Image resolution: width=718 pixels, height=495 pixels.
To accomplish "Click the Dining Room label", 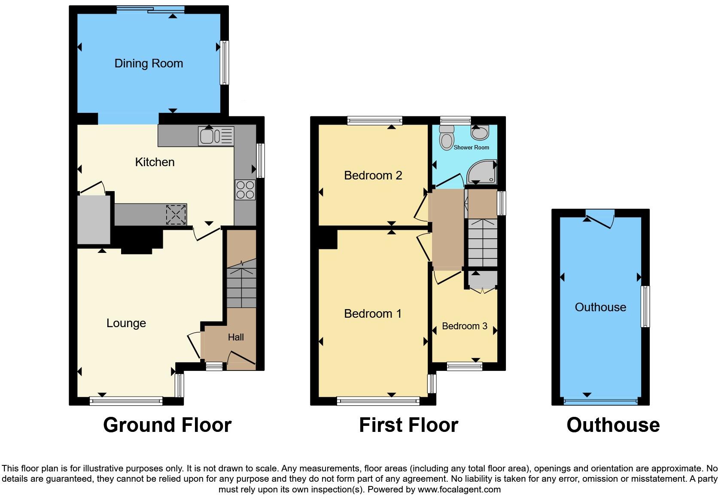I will point(149,64).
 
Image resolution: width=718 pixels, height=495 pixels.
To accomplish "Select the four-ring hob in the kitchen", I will point(245,190).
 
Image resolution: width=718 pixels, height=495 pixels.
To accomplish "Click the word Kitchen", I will point(155,162).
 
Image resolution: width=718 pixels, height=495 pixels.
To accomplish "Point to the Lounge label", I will point(126,323).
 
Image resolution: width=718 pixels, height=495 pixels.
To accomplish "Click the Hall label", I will point(236,337).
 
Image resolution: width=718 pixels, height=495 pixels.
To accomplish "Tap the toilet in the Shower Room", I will point(447,138).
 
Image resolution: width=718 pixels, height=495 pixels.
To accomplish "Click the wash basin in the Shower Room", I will point(480,133).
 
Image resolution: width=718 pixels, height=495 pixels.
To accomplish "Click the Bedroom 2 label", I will point(373,176).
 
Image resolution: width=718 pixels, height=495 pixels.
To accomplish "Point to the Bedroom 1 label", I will point(373,314).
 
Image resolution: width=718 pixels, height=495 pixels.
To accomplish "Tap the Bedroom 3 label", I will point(464,326).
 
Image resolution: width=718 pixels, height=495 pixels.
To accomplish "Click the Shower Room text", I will point(471,147).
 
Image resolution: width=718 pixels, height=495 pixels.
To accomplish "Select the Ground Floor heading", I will point(167,425).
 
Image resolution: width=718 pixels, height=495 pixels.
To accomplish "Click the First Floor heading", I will point(408,425).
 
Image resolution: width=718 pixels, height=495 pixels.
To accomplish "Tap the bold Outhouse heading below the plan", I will point(613,425).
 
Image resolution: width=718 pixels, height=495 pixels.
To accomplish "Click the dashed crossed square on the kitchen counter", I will point(176,215).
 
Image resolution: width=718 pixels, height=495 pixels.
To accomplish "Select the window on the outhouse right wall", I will point(645,307).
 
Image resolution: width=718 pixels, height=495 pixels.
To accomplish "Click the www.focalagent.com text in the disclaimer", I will point(459,489).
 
